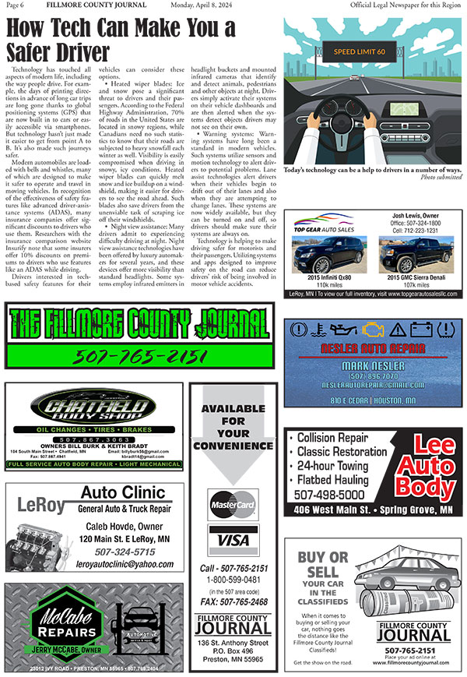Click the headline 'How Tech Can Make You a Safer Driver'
click(x=121, y=40)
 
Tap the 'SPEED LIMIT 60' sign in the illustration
click(x=360, y=51)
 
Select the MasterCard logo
click(x=233, y=506)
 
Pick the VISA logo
click(x=233, y=540)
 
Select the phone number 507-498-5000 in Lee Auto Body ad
click(x=330, y=494)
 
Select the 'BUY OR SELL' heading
click(x=323, y=565)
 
